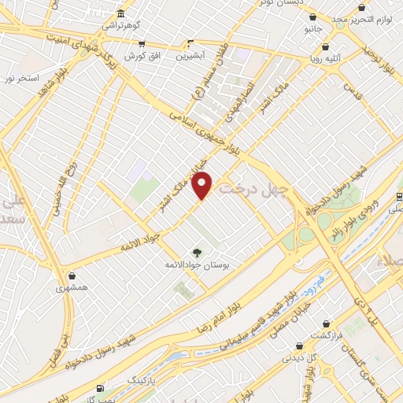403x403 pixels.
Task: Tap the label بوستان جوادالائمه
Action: (196, 266)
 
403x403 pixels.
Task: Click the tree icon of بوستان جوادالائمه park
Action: (196, 253)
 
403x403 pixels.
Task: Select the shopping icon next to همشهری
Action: (73, 276)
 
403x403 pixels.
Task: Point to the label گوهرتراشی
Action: (120, 25)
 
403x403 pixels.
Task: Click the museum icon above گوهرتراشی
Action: (120, 14)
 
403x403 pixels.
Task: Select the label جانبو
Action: (314, 28)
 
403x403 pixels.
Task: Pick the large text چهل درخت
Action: (253, 188)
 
